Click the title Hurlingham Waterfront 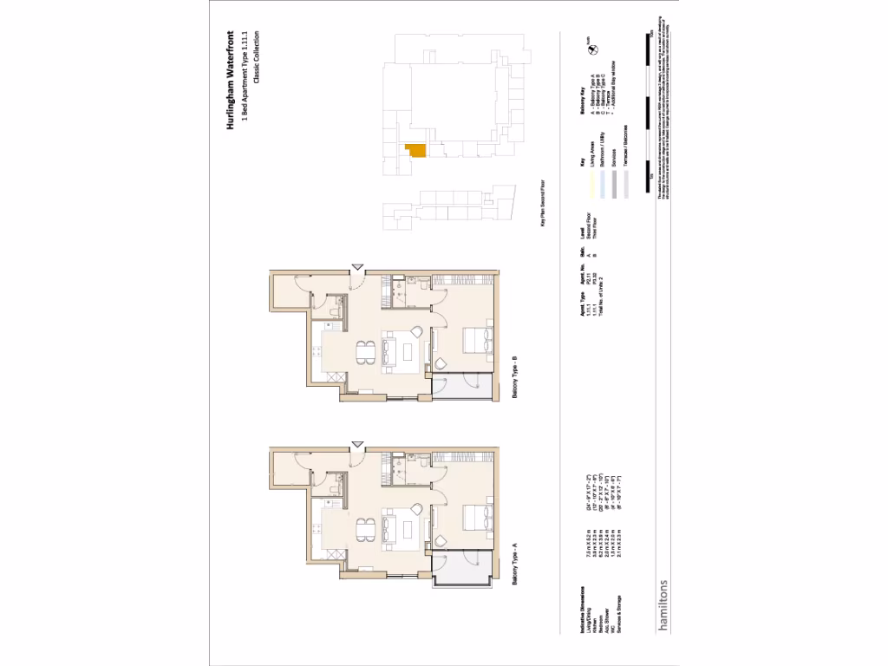click(232, 80)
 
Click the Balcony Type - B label click(514, 387)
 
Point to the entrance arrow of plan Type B click(356, 267)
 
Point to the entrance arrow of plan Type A click(356, 444)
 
